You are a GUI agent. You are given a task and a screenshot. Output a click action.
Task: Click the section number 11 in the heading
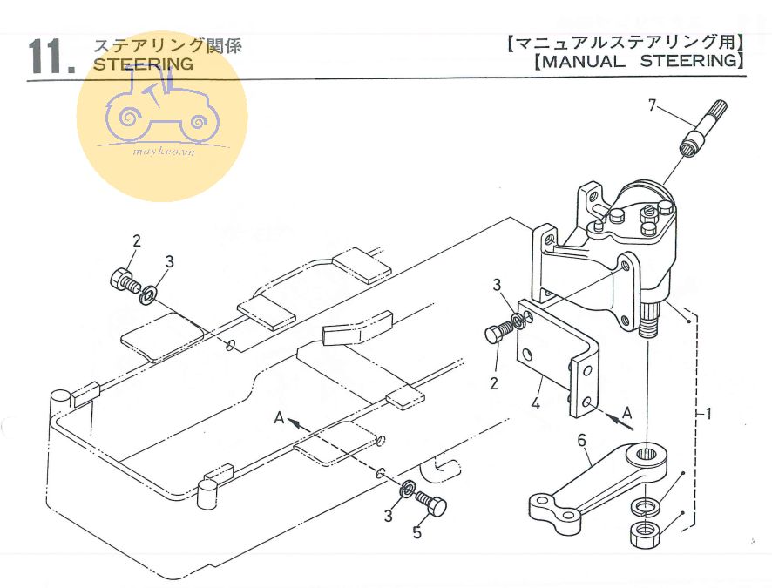click(x=51, y=57)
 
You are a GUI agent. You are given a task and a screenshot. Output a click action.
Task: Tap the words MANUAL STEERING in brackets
click(x=636, y=62)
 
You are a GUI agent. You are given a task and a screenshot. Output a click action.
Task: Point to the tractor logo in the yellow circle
click(x=162, y=113)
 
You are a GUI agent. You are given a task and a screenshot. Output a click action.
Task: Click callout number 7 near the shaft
click(x=650, y=106)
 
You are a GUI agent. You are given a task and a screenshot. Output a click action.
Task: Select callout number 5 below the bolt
click(x=416, y=532)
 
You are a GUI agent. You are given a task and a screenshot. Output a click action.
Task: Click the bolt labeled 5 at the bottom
click(x=430, y=502)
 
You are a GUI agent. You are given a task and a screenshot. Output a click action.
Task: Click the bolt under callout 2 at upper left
click(x=122, y=280)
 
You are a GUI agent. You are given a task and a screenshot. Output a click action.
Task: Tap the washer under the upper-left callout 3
click(x=147, y=295)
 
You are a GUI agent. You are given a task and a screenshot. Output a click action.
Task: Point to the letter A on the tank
click(x=279, y=418)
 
